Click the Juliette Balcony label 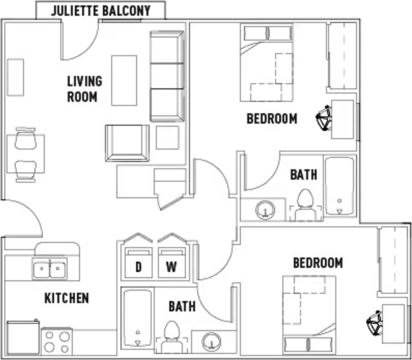(101, 11)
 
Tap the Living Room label (85, 89)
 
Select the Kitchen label (67, 298)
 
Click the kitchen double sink (50, 269)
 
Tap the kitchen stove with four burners (57, 341)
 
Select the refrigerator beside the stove (23, 337)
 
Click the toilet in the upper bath (305, 205)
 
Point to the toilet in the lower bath (172, 338)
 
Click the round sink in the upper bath (265, 210)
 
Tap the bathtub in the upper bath (340, 186)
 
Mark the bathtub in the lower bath (138, 318)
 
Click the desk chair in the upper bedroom (324, 118)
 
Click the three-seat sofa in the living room (167, 76)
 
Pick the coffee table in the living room (124, 81)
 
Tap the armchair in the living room (127, 143)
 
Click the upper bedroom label (272, 119)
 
